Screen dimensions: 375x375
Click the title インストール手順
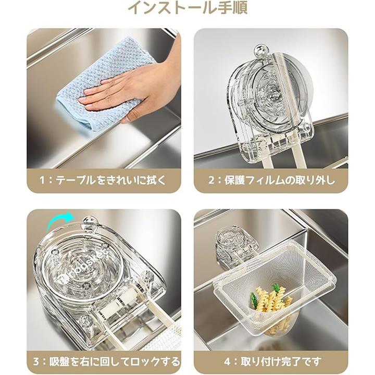tap(187, 7)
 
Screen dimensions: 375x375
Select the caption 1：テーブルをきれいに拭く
tap(103, 180)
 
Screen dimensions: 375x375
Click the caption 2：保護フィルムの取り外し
tap(271, 180)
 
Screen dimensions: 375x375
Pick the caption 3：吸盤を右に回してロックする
tap(106, 361)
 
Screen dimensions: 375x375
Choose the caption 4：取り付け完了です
tap(272, 361)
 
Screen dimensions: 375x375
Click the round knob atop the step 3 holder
tap(89, 222)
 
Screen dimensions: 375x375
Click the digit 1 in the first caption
tap(43, 180)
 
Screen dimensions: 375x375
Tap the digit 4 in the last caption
tap(227, 361)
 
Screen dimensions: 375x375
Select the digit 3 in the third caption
tap(36, 361)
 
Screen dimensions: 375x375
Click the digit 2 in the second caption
tap(211, 180)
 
